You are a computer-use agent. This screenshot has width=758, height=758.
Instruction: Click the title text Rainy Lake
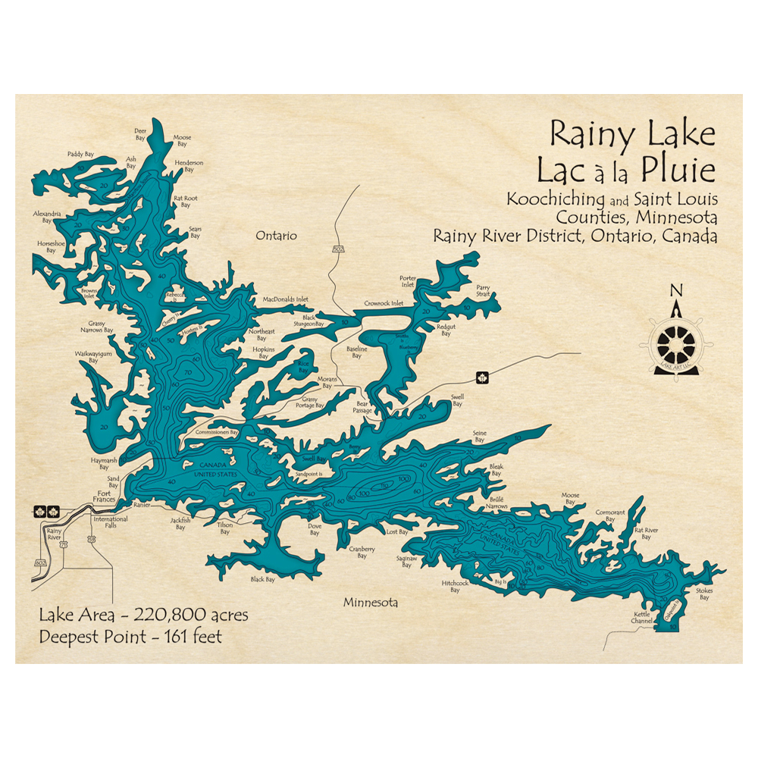click(632, 134)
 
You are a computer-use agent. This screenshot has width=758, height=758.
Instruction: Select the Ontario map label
click(276, 236)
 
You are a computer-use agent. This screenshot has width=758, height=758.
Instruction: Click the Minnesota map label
click(371, 603)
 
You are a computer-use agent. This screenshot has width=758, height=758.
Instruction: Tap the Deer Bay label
click(139, 134)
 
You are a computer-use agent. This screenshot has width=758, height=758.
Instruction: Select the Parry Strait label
click(484, 291)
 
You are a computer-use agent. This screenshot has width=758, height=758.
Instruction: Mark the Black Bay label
click(262, 579)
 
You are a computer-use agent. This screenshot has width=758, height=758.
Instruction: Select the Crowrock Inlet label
click(384, 302)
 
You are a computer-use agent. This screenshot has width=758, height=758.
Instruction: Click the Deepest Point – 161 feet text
click(131, 637)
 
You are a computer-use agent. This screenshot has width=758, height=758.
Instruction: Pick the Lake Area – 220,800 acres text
click(144, 615)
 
